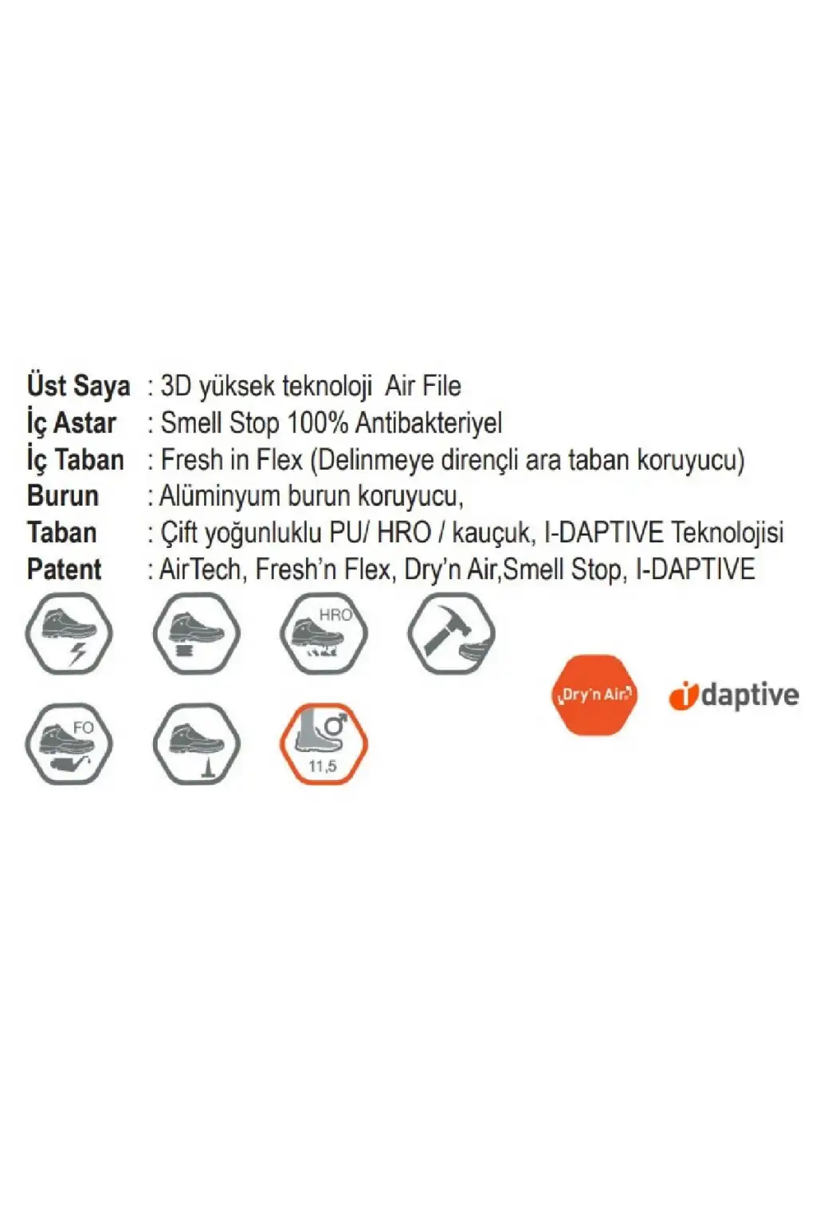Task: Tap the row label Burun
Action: [63, 496]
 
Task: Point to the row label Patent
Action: [65, 569]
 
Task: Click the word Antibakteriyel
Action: [429, 423]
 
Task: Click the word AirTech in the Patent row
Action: [200, 569]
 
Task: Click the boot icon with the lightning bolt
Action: [69, 633]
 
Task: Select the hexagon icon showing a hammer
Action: [452, 633]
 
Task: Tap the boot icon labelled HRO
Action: [324, 633]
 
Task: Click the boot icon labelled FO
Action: [69, 744]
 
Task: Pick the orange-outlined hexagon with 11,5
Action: [324, 744]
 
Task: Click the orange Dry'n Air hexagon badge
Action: [594, 695]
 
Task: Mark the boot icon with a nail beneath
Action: [196, 744]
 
